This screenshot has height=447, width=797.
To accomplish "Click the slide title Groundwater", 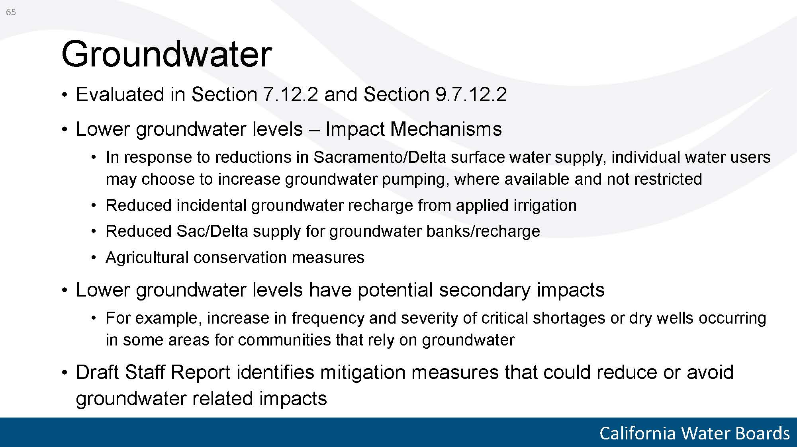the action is pos(166,54).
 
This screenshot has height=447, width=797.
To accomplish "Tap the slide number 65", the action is pos(11,12).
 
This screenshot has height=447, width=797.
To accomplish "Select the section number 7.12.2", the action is pos(290,94).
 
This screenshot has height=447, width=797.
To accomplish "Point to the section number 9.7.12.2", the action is pos(471,94).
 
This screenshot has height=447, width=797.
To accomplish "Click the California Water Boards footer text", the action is pos(694,433).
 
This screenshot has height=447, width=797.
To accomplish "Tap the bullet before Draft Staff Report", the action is pos(65,373).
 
